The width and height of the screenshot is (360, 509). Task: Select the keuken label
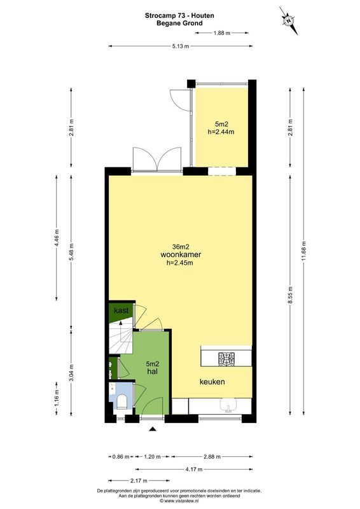212,382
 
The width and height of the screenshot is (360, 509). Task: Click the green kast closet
120,310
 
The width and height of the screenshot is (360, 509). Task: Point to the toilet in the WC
122,401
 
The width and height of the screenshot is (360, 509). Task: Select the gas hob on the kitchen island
226,359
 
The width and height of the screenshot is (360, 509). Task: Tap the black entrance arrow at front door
152,430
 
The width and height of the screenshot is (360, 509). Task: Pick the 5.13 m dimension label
180,46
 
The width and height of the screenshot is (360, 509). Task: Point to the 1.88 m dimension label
222,32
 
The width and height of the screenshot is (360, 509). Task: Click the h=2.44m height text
221,132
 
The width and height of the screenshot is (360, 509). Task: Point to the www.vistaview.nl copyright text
180,501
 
